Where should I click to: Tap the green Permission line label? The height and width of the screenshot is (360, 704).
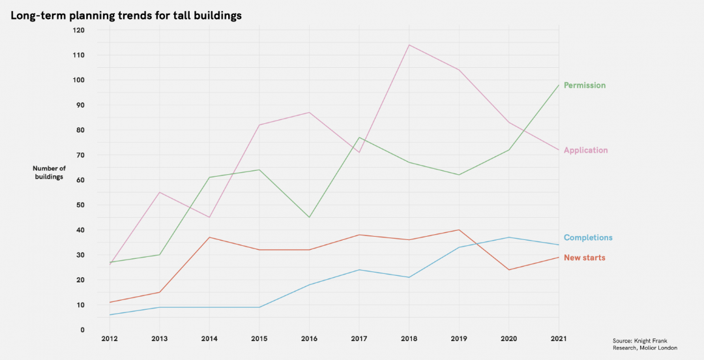[x=585, y=85]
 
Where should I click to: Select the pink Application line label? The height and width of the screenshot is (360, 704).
[x=585, y=151]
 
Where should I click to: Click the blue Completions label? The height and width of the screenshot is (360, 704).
[x=588, y=238]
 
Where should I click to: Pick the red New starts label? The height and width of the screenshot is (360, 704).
[x=584, y=258]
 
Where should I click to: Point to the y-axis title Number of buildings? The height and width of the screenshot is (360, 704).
[x=49, y=173]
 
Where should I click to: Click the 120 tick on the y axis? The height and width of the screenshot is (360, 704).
[x=78, y=30]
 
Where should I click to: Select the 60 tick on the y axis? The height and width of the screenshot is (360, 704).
[x=80, y=180]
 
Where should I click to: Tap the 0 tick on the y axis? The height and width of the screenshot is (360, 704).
[x=82, y=330]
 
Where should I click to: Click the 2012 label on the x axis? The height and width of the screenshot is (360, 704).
[x=109, y=338]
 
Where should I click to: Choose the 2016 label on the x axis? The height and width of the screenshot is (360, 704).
[x=309, y=338]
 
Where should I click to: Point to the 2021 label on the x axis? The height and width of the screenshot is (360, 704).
[x=559, y=338]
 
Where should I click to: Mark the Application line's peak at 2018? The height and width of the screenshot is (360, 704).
[x=409, y=45]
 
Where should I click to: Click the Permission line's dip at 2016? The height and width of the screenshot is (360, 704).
[x=309, y=217]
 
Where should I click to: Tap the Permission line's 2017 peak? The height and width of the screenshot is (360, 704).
[x=359, y=138]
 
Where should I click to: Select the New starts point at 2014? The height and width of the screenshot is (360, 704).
[x=209, y=237]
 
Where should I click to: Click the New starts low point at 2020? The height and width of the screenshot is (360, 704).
[x=509, y=270]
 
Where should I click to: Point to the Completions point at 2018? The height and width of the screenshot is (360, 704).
[x=409, y=277]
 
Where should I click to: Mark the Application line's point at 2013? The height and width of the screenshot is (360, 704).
[x=159, y=192]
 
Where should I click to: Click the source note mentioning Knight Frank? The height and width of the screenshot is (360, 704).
[x=645, y=344]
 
